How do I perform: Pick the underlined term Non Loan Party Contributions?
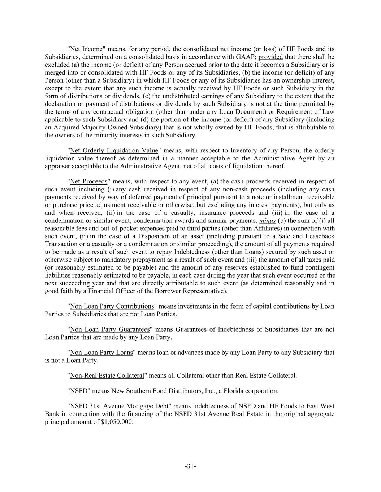112,306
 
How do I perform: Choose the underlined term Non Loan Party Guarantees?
110,329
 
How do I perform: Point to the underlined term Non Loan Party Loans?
101,353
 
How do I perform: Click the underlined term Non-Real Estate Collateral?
107,376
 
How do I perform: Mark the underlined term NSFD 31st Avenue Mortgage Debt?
119,406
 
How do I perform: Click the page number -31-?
190,466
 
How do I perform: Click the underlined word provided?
271,57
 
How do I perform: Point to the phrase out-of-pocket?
118,229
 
